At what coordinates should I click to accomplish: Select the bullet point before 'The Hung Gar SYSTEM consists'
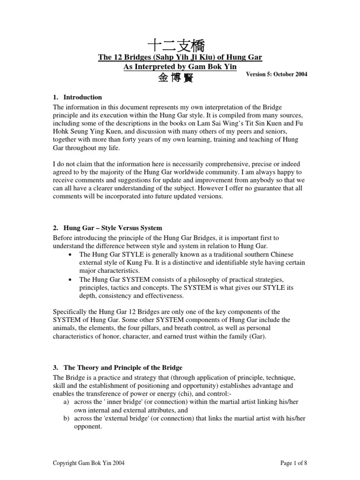(x=69, y=279)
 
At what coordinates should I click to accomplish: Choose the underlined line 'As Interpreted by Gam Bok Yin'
(x=180, y=67)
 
